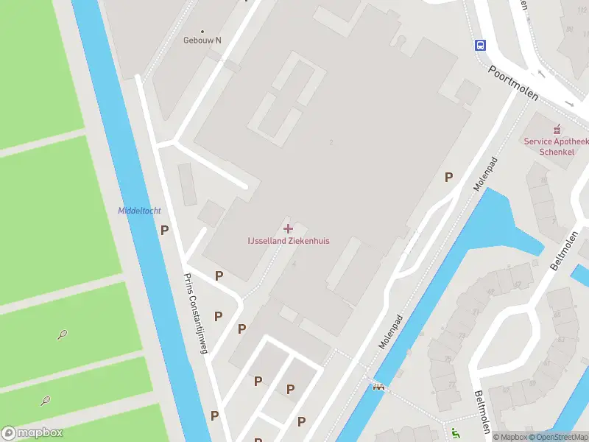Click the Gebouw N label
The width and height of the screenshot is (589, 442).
[202, 41]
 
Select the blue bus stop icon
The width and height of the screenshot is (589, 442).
[480, 45]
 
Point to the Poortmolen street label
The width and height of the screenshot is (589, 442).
[514, 83]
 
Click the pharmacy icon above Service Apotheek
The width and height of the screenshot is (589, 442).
[557, 129]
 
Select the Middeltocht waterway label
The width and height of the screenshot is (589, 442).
[138, 211]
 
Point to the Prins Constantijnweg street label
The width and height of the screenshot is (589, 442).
[196, 313]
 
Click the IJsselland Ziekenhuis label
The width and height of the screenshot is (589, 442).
[288, 240]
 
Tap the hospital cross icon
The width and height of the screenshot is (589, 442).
[288, 228]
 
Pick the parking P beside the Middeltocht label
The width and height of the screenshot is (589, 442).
[165, 230]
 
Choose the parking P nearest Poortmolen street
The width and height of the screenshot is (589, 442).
[448, 177]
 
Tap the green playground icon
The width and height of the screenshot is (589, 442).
[455, 433]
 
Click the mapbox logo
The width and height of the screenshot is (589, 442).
[32, 433]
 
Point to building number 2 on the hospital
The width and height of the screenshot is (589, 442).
[333, 142]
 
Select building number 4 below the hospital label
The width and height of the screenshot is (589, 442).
[294, 263]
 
